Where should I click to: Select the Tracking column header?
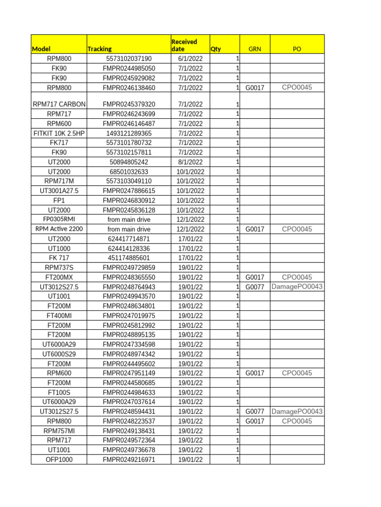(x=99, y=49)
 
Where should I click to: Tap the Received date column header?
(x=184, y=45)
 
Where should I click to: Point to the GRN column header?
(x=254, y=49)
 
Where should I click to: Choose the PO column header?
(x=297, y=49)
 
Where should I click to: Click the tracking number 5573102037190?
(x=128, y=59)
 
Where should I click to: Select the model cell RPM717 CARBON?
(x=59, y=104)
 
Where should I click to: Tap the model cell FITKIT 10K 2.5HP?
(x=59, y=133)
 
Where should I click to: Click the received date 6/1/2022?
(x=190, y=59)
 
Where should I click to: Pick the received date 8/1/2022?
(x=190, y=162)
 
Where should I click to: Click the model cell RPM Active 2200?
(x=59, y=229)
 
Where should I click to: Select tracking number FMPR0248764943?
(x=128, y=287)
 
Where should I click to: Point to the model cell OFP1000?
(x=59, y=459)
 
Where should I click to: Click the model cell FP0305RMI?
(x=59, y=219)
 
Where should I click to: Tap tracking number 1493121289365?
(x=128, y=133)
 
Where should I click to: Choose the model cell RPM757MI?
(x=59, y=431)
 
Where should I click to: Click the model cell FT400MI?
(x=59, y=315)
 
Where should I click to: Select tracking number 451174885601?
(x=128, y=258)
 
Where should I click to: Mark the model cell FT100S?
(x=59, y=392)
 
